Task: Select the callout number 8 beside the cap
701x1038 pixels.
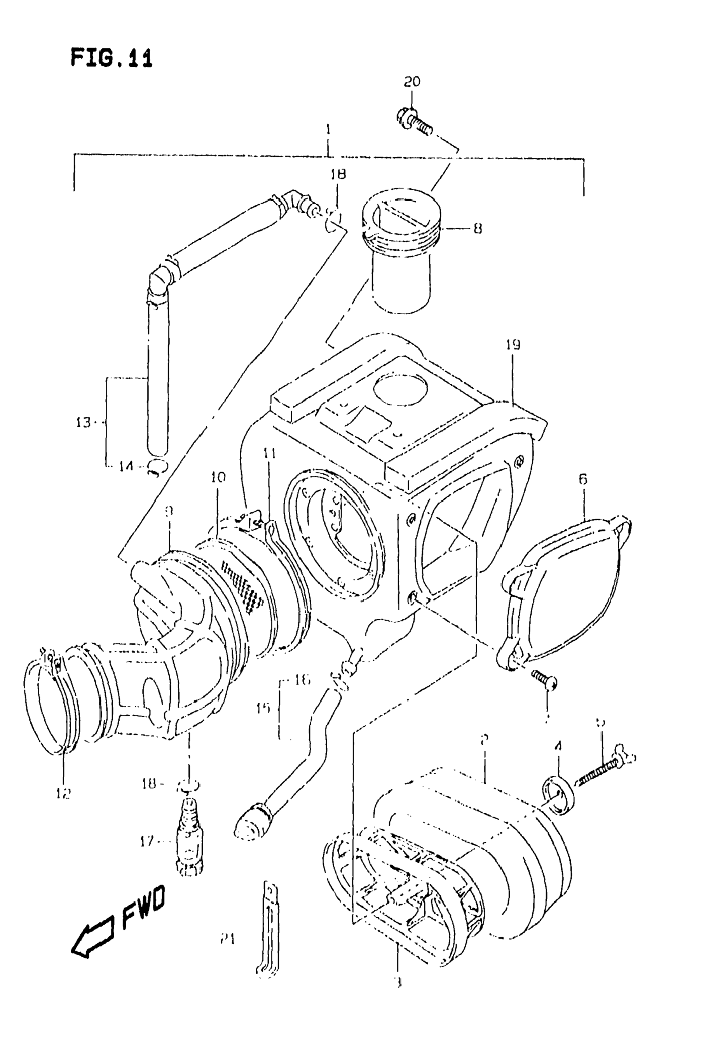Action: click(x=477, y=229)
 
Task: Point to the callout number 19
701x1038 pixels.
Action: click(x=513, y=345)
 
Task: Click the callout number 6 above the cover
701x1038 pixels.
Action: click(x=583, y=480)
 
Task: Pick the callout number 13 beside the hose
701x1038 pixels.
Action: click(x=83, y=422)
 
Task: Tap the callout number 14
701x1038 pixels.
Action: click(x=126, y=466)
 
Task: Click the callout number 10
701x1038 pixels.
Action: click(x=218, y=477)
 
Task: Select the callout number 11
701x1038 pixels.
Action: click(x=269, y=454)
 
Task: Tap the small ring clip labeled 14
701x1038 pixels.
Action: click(x=156, y=467)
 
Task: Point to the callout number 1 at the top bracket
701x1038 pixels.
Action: click(x=328, y=131)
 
